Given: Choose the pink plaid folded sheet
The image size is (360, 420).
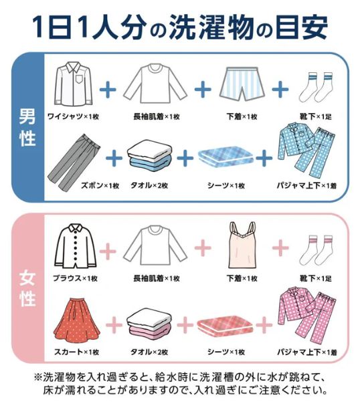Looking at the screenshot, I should pyautogui.click(x=226, y=324).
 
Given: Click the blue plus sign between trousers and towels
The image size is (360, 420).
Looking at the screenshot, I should pyautogui.click(x=114, y=157).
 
